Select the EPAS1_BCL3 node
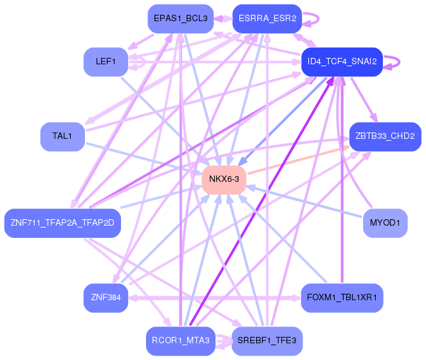(180, 19)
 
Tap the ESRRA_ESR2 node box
(266, 19)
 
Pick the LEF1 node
(106, 62)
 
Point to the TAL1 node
(62, 136)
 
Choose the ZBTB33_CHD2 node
(385, 136)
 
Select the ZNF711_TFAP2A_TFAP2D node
(62, 223)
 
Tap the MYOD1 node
(385, 223)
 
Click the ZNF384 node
(106, 298)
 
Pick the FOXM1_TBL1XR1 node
(342, 298)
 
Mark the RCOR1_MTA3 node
(180, 341)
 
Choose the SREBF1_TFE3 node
(266, 341)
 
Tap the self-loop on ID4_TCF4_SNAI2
(400, 62)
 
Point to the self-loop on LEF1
(136, 62)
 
